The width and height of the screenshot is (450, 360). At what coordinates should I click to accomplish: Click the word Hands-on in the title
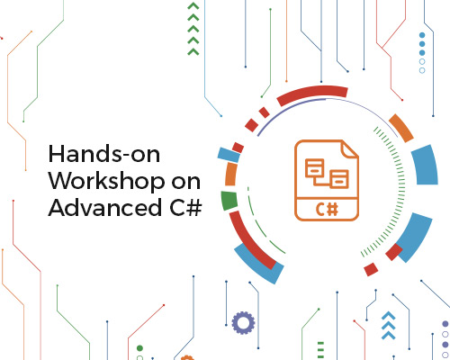tap(104, 154)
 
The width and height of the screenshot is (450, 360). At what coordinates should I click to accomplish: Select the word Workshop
tap(107, 183)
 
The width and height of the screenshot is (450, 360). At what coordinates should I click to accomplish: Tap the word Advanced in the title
tap(104, 207)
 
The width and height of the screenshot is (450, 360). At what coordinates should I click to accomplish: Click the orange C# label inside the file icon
tap(327, 209)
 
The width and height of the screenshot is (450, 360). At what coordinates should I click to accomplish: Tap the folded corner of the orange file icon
tap(350, 149)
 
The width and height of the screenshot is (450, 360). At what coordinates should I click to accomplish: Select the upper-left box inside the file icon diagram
tap(314, 168)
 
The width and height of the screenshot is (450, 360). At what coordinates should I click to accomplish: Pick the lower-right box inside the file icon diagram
tap(339, 179)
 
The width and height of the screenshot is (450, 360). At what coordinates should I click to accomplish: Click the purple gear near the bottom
tap(243, 323)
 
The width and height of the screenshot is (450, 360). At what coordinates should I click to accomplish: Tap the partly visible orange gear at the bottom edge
tap(187, 357)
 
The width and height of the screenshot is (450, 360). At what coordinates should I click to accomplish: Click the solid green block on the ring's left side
tap(229, 200)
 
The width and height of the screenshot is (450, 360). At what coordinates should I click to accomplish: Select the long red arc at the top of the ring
tap(312, 94)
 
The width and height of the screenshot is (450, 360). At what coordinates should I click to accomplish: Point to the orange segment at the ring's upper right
tap(401, 128)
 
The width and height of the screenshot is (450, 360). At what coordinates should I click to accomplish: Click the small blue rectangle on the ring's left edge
tap(229, 155)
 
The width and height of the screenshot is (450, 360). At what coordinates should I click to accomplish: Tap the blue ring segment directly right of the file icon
tap(426, 165)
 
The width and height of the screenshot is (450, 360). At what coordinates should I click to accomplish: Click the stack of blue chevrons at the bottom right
tap(389, 325)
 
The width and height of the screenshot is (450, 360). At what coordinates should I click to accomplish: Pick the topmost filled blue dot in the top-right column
tap(422, 35)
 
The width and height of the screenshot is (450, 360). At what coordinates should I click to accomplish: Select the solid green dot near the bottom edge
tap(139, 348)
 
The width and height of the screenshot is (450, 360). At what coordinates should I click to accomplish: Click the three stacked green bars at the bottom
tap(320, 350)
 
